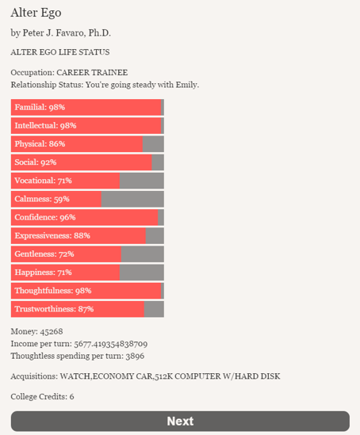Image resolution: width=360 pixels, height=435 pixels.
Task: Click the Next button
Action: tap(180, 421)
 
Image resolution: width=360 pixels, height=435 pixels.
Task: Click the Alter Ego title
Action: tap(36, 13)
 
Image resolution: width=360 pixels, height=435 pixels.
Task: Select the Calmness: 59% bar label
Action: tap(42, 199)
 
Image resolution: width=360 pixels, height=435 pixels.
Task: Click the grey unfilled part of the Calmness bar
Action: tap(132, 199)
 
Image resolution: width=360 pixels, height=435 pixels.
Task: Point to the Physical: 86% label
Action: tap(40, 143)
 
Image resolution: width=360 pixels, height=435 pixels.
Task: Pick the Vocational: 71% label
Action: tap(43, 181)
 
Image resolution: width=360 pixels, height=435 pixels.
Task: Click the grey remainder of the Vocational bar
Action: tap(142, 181)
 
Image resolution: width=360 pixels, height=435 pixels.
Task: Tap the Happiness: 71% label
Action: tap(43, 272)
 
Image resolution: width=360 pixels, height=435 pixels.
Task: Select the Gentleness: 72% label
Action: tap(44, 254)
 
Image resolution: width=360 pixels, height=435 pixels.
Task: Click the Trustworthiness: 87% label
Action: tap(54, 309)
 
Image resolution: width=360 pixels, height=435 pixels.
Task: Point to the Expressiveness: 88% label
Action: tap(52, 235)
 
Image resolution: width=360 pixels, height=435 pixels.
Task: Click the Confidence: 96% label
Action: tap(45, 217)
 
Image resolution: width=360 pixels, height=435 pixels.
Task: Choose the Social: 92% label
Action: tap(36, 162)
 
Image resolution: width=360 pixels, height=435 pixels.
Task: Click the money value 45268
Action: tap(52, 331)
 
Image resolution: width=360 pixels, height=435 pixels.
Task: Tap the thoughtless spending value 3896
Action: tap(135, 356)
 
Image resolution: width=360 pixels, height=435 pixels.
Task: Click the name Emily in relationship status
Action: tap(187, 85)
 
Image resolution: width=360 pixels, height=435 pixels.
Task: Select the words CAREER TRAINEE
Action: tap(92, 72)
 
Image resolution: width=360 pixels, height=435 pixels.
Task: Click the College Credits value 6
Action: tap(71, 397)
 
